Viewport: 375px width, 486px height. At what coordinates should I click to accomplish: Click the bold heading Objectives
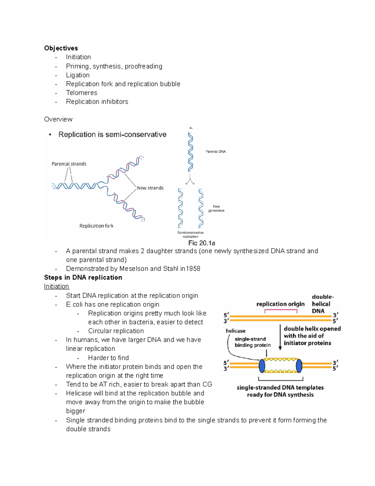click(x=61, y=48)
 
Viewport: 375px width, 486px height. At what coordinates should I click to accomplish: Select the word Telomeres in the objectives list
click(x=82, y=93)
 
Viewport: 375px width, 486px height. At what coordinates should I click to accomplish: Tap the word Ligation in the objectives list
click(x=78, y=75)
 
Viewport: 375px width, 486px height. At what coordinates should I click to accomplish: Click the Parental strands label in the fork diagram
click(x=69, y=164)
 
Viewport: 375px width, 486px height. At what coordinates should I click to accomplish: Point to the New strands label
click(x=150, y=188)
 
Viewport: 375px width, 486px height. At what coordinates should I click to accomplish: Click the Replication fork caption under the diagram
click(x=96, y=226)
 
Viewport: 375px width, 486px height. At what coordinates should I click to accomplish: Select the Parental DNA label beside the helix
click(x=215, y=151)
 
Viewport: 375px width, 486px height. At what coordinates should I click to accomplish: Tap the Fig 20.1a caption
click(x=202, y=243)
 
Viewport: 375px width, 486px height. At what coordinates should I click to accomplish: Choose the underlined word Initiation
click(x=57, y=286)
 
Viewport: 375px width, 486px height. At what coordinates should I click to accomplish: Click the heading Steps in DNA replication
click(x=83, y=278)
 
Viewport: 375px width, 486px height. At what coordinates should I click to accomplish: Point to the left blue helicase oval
click(x=262, y=366)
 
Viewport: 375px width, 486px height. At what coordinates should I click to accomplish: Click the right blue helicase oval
click(x=299, y=366)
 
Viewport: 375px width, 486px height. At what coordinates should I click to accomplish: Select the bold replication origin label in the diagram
click(x=280, y=304)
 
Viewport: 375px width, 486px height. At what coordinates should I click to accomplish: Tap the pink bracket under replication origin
click(x=281, y=310)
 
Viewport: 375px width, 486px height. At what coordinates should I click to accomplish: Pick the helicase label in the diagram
click(x=236, y=331)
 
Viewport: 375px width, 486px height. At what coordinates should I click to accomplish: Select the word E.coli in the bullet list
click(x=74, y=304)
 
